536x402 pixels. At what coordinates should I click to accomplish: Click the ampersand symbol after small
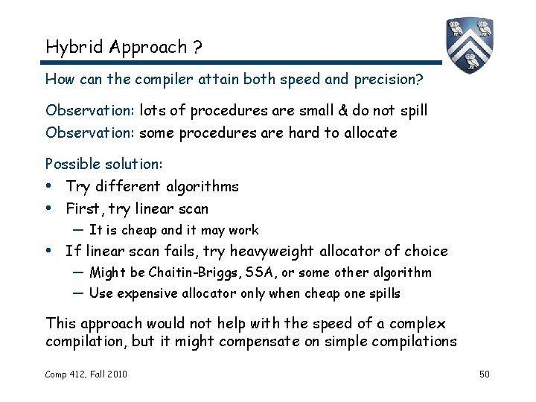[x=342, y=111]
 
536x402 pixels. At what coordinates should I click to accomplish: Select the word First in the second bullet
[x=83, y=208]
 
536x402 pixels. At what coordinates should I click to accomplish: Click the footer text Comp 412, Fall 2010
[x=86, y=373]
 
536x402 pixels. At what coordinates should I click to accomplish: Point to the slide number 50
[x=484, y=373]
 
